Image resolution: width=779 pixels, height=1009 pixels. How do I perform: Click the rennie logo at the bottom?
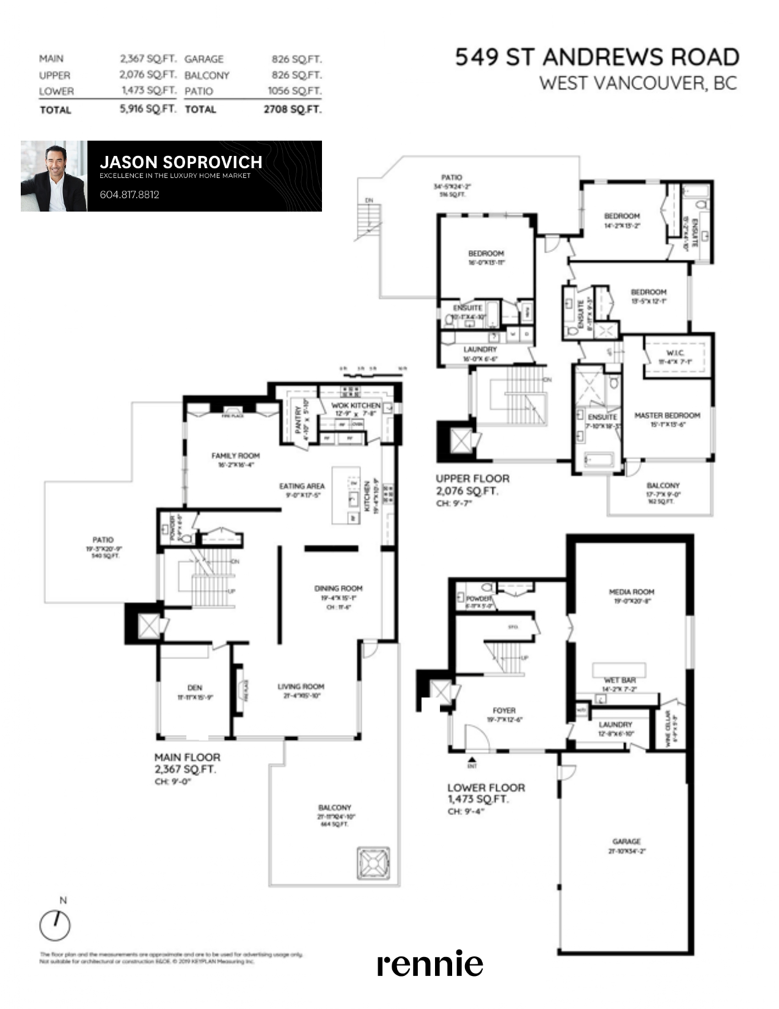(x=430, y=964)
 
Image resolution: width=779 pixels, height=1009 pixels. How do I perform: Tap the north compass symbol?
(x=55, y=925)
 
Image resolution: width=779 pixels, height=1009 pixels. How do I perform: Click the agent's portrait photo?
(x=54, y=177)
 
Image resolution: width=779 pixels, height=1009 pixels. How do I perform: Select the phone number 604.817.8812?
(x=130, y=194)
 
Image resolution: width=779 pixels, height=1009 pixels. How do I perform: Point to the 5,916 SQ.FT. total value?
(x=148, y=109)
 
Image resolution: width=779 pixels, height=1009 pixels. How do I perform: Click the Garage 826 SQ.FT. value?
(x=296, y=59)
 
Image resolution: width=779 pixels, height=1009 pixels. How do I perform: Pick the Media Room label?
(x=631, y=592)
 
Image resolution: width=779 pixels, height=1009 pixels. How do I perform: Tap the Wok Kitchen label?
(x=356, y=405)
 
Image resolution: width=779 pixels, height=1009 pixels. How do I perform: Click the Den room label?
(x=195, y=687)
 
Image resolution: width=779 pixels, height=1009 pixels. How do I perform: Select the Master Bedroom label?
(x=667, y=415)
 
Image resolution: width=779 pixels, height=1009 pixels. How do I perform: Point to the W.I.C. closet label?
(x=675, y=353)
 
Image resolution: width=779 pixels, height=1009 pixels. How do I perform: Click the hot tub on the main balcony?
(x=372, y=863)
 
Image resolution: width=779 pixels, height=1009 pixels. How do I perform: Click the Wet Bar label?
(x=620, y=680)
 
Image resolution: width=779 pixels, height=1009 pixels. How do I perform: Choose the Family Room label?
(x=235, y=456)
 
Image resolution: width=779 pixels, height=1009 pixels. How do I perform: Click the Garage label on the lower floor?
(x=626, y=841)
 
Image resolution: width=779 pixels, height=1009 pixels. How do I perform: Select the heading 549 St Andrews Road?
(x=597, y=57)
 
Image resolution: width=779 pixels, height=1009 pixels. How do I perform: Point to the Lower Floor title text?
(x=486, y=788)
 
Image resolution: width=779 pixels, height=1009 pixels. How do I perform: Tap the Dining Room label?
(x=338, y=588)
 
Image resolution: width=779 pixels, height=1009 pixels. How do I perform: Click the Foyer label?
(x=504, y=711)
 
